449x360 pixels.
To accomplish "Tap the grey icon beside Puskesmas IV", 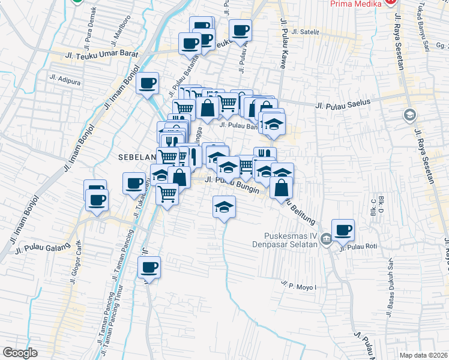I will [325, 239].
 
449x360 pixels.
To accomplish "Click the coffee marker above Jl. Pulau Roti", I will [343, 230].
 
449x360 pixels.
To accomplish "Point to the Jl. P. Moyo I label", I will [298, 281].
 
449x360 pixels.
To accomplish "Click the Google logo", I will [20, 353].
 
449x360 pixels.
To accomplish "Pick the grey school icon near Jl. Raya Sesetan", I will [409, 114].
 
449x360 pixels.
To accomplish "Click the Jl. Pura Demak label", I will [89, 27].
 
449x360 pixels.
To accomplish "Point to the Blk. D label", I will [381, 210].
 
